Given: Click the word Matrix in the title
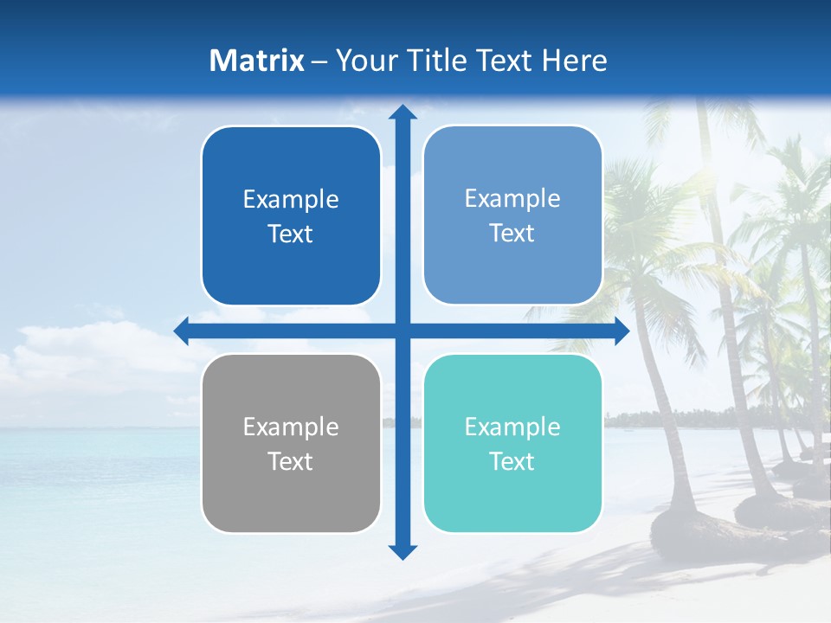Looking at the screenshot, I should point(257,61).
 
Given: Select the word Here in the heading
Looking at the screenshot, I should point(574,61).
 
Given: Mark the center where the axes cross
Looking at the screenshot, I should point(403,331).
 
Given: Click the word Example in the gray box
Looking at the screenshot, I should point(291,427).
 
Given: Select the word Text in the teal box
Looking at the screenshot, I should point(512,461).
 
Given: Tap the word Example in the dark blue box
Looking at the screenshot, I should point(291,199).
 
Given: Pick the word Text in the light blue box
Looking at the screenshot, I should point(512,233).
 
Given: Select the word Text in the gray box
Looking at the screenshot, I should point(291,461).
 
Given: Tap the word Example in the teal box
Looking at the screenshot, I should point(512,427).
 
